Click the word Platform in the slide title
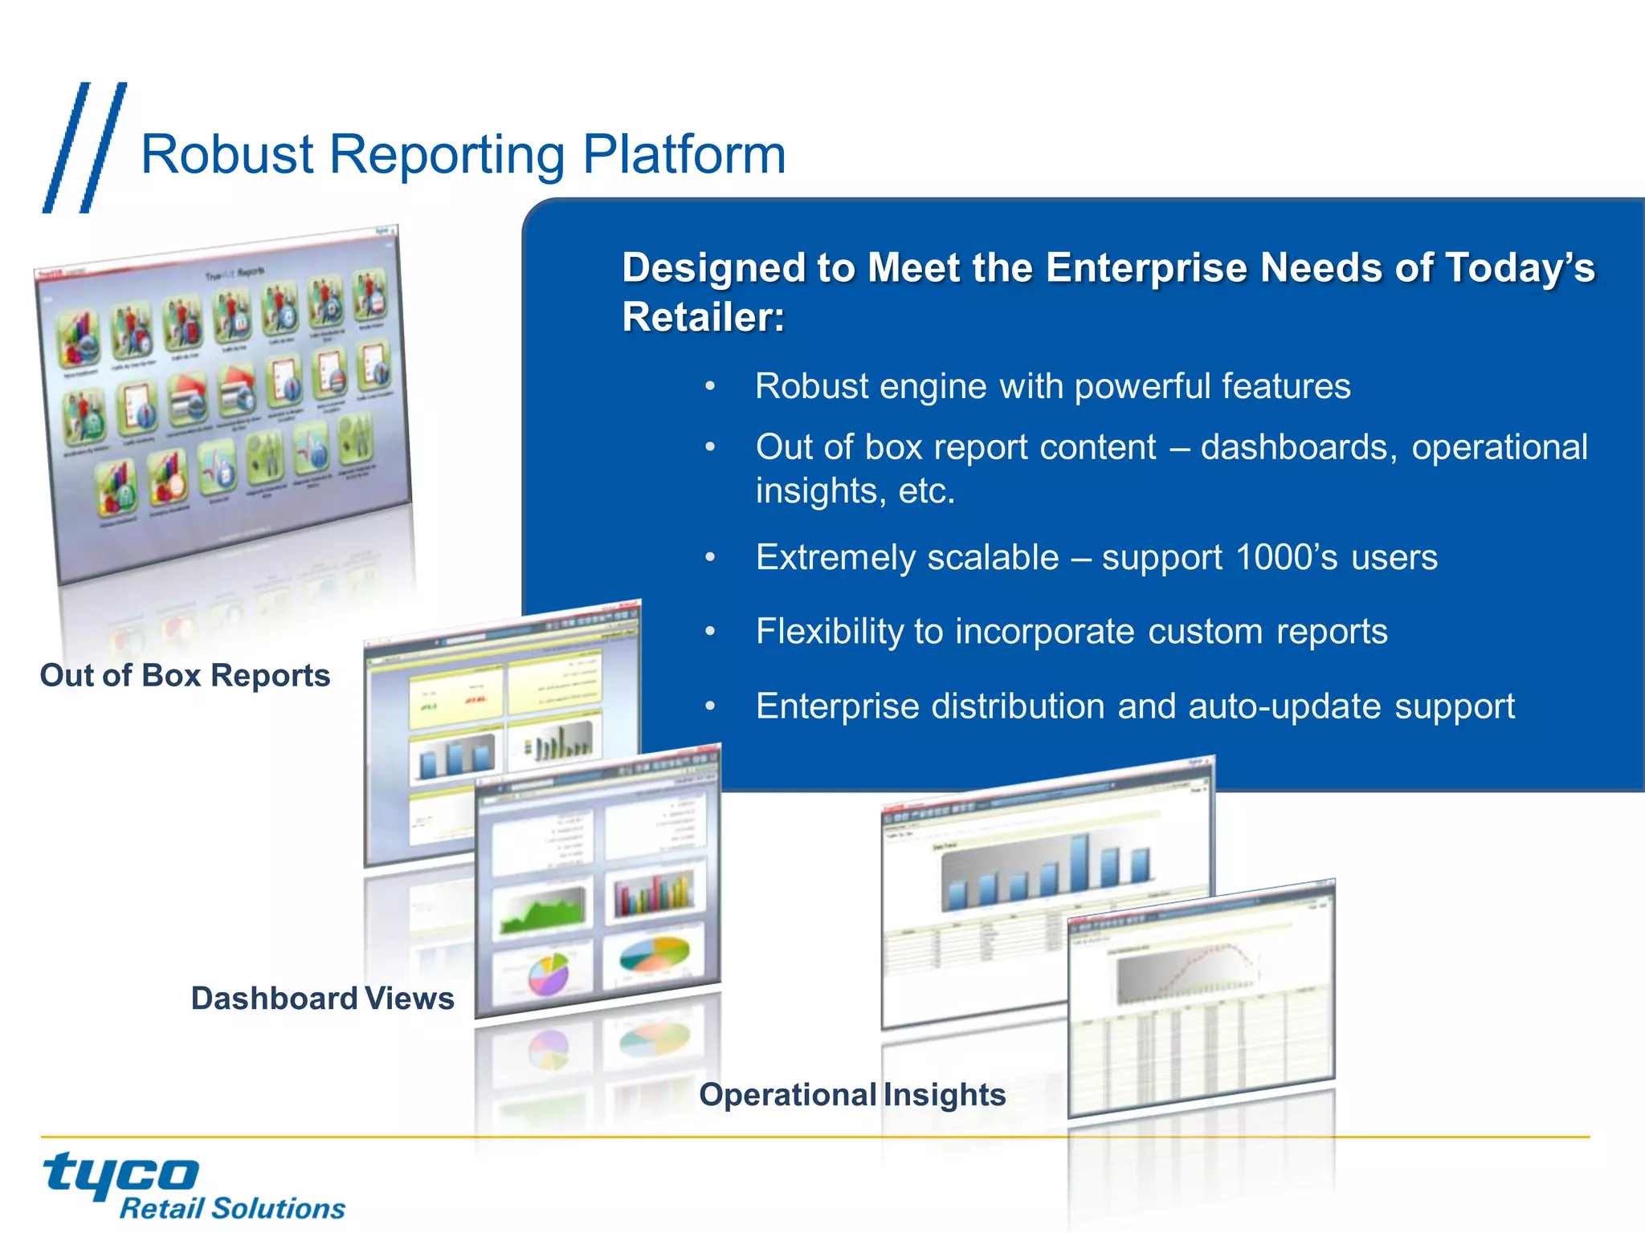pos(684,154)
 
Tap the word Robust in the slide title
pos(227,154)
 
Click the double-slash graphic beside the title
pos(84,148)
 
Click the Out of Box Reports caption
pos(185,676)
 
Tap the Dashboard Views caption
pos(322,999)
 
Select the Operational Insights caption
pos(852,1095)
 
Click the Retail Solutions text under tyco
pos(232,1208)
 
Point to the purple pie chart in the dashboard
pos(549,974)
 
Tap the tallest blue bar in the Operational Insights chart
pos(1080,862)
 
